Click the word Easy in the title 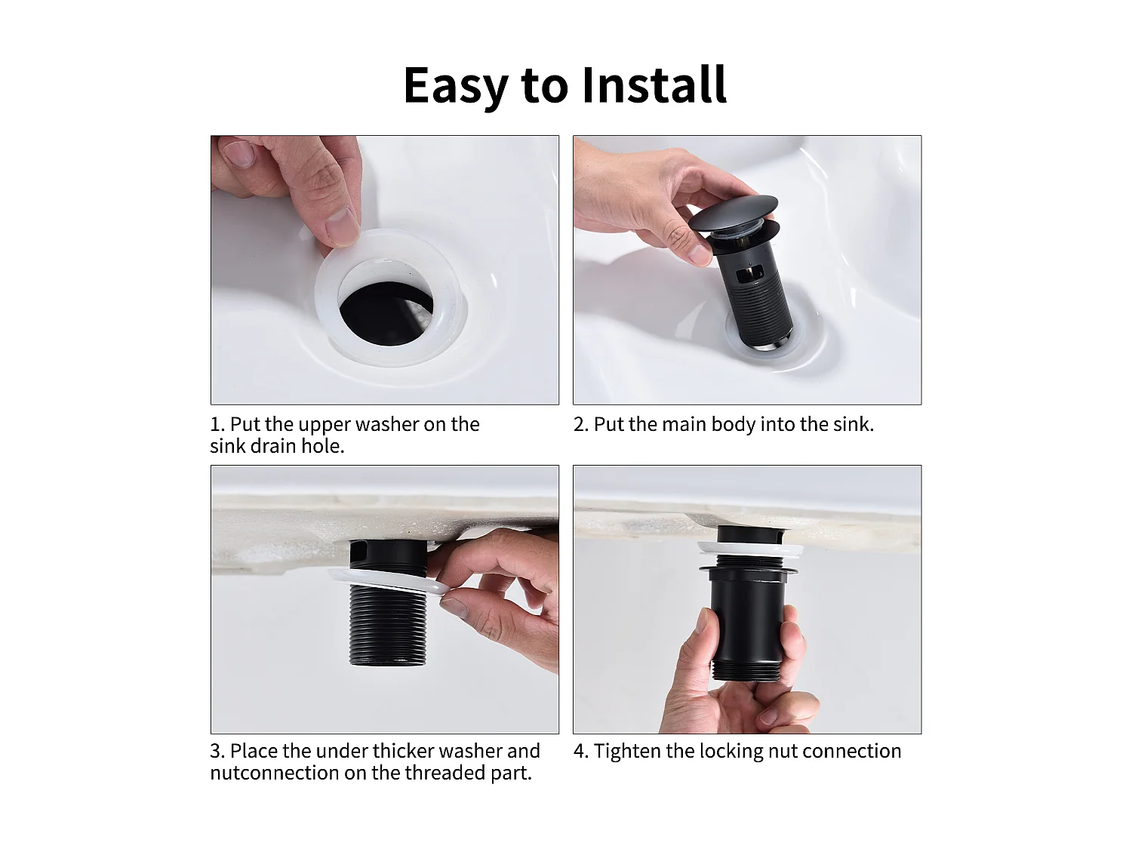456,85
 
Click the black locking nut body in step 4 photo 747,619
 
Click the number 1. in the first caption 217,425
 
